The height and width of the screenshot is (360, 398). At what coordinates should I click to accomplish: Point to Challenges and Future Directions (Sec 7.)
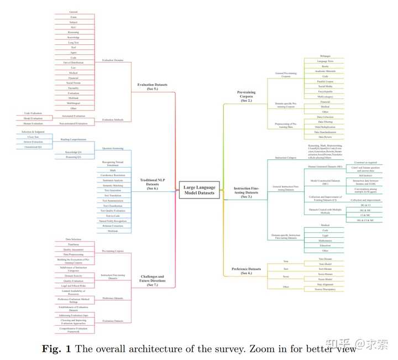[x=153, y=280]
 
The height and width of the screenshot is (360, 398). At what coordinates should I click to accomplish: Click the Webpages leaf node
[x=326, y=56]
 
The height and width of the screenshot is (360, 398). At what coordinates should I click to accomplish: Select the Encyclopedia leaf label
[x=326, y=91]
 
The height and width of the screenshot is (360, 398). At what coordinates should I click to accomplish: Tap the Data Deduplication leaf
[x=326, y=127]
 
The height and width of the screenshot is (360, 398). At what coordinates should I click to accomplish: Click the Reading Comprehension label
[x=74, y=140]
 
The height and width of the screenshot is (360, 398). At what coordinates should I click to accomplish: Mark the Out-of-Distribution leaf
[x=74, y=62]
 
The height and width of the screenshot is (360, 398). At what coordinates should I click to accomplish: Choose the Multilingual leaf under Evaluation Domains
[x=74, y=103]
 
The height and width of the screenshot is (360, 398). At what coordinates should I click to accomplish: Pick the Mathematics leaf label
[x=326, y=241]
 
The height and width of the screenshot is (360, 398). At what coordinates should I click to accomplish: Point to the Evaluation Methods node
[x=113, y=119]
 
